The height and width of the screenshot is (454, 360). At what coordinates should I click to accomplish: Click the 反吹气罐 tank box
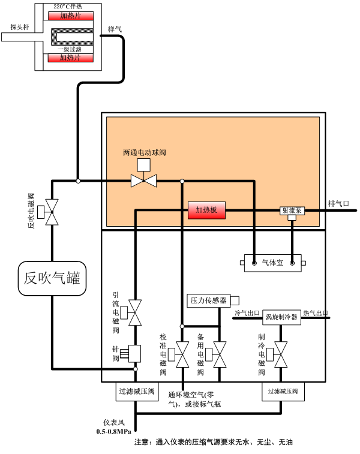(x=51, y=278)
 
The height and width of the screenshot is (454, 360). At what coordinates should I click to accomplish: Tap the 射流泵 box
(x=292, y=211)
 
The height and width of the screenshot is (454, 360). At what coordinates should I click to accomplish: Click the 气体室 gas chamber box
(x=273, y=263)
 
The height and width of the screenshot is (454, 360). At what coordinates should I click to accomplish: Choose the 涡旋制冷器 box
(x=282, y=318)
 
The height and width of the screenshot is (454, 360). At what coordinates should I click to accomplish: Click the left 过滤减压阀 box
(x=136, y=392)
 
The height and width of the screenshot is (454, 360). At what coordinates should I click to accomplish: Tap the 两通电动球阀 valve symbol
(x=143, y=181)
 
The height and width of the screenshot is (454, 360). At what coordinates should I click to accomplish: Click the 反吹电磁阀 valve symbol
(x=53, y=213)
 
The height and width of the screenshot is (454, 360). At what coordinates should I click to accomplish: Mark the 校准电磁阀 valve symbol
(x=182, y=354)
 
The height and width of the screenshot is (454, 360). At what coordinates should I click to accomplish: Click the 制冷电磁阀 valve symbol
(x=280, y=354)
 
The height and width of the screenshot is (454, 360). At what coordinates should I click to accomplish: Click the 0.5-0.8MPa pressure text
(x=114, y=431)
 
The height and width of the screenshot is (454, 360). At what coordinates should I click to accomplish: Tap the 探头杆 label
(x=19, y=26)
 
